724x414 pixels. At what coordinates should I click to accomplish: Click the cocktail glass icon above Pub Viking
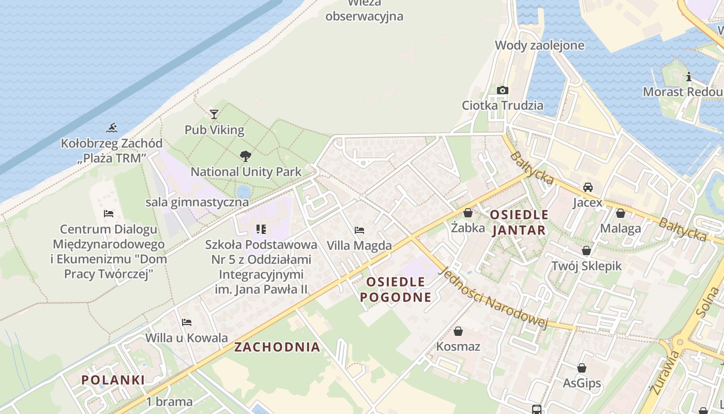(214, 114)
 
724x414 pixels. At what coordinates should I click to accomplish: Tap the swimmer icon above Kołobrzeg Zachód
(112, 127)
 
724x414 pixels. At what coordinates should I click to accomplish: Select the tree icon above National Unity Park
(246, 156)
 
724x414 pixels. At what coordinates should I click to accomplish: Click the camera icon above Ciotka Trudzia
(502, 90)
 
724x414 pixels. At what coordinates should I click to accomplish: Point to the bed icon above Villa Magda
(359, 230)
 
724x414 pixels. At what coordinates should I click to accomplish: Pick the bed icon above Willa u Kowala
(187, 322)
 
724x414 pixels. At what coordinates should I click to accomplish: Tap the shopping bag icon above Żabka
(468, 212)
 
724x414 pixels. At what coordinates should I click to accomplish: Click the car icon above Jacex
(588, 187)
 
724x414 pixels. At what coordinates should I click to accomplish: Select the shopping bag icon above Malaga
(621, 213)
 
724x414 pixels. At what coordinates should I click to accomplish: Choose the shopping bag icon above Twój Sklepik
(586, 250)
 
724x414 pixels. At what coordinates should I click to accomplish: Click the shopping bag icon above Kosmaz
(458, 331)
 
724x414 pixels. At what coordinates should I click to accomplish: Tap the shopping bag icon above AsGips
(582, 368)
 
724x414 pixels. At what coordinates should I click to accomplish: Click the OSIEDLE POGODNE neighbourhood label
(396, 289)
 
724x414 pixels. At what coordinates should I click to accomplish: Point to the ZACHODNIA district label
(277, 347)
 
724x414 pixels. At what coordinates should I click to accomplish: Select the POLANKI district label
(113, 380)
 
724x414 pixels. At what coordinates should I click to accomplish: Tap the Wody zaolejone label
(540, 45)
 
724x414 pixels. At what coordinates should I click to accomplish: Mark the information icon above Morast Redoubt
(689, 77)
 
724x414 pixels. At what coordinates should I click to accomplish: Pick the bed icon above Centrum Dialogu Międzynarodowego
(109, 213)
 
